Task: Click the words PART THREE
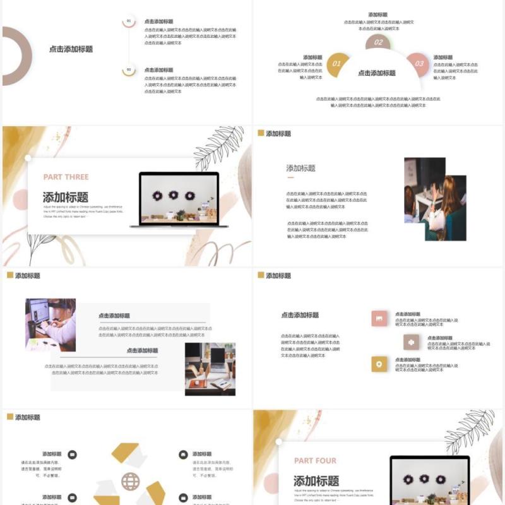click(66, 177)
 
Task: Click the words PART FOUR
click(315, 461)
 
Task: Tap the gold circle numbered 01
click(337, 64)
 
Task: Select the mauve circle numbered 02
click(378, 43)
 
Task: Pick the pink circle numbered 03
click(418, 64)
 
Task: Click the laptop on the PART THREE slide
click(174, 198)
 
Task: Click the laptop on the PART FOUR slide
click(429, 480)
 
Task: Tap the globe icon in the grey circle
click(131, 482)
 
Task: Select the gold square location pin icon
click(379, 364)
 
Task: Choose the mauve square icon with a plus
click(411, 342)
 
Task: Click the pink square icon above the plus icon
click(379, 319)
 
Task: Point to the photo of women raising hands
click(435, 199)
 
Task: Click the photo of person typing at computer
click(50, 324)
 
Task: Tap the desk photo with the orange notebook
click(210, 369)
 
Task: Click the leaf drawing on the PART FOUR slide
click(470, 432)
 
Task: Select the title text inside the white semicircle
click(377, 73)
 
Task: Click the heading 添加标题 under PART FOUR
click(316, 480)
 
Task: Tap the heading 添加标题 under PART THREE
click(66, 197)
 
